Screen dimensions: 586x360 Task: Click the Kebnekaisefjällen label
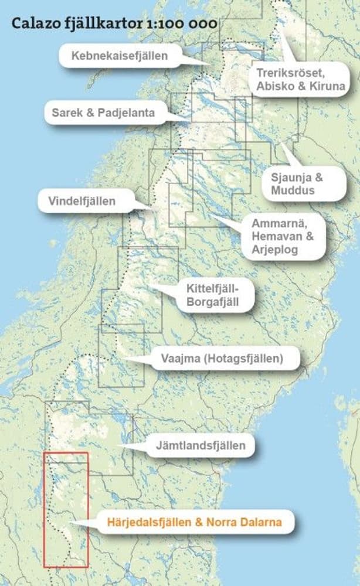pyautogui.click(x=120, y=56)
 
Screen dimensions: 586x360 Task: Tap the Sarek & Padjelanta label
pyautogui.click(x=103, y=113)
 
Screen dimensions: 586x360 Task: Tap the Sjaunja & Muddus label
pyautogui.click(x=297, y=183)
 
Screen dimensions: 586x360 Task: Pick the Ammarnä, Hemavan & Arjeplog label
pyautogui.click(x=283, y=237)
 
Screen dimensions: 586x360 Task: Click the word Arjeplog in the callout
pyautogui.click(x=275, y=250)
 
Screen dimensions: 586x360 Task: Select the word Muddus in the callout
pyautogui.click(x=293, y=190)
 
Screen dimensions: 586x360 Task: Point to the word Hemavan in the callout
pyautogui.click(x=277, y=237)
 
